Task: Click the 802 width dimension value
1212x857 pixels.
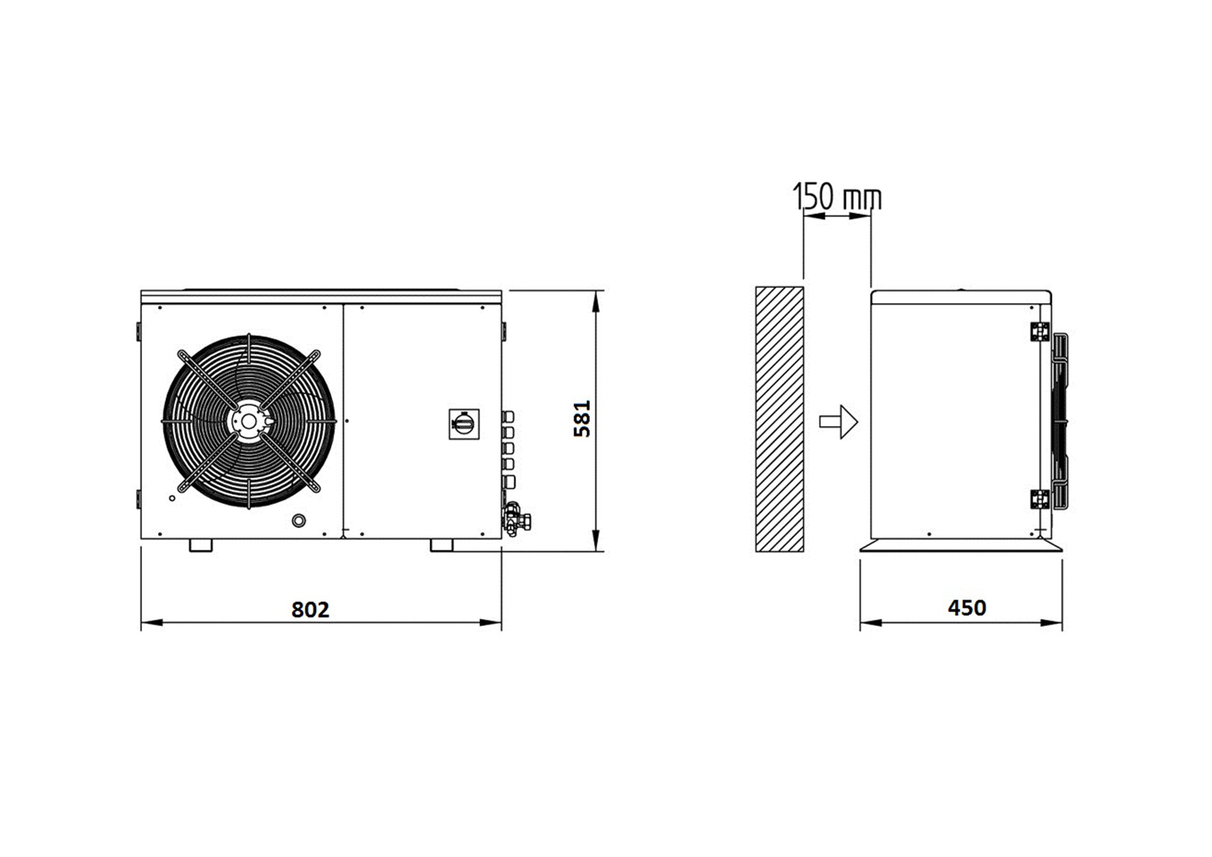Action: [x=310, y=609]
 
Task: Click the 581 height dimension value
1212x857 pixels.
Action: [x=582, y=419]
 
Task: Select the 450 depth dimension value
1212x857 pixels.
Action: [x=967, y=607]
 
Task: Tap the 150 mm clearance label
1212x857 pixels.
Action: [x=837, y=196]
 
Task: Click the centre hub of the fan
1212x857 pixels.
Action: [x=248, y=421]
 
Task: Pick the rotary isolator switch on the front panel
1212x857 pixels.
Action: [x=464, y=424]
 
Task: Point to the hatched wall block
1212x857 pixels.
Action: [x=779, y=419]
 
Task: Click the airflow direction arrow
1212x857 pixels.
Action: [x=839, y=421]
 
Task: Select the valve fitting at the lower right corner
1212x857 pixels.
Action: [x=517, y=519]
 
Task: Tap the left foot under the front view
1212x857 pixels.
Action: [x=201, y=545]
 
